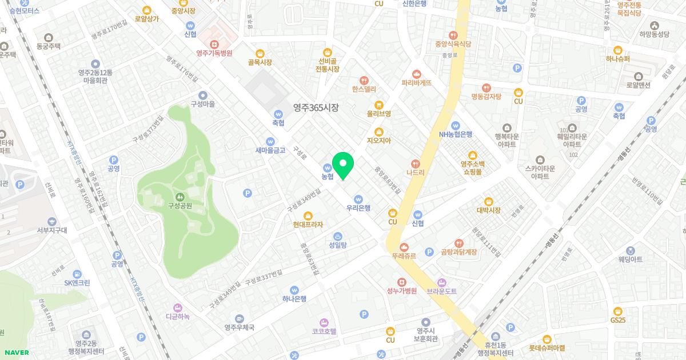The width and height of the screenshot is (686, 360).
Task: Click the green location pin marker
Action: [343, 165]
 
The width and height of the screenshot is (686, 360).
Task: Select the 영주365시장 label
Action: [316, 107]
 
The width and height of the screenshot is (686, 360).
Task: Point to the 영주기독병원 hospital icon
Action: [214, 43]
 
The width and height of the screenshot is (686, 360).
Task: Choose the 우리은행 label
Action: [358, 208]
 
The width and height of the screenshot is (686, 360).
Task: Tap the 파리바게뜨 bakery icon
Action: [416, 73]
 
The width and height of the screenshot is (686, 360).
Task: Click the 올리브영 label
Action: [378, 114]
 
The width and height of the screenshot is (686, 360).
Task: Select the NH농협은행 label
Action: [456, 134]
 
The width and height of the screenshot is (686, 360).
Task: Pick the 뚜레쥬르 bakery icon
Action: [404, 247]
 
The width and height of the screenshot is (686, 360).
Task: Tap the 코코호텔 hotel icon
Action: [324, 322]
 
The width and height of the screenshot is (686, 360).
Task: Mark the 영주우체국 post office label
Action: [239, 327]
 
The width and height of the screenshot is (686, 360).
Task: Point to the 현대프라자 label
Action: [308, 225]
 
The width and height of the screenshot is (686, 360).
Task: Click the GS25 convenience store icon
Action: [618, 311]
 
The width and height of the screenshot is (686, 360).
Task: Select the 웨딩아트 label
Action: [630, 259]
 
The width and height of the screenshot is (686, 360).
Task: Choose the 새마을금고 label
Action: [270, 150]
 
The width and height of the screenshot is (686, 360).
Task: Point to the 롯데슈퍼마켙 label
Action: [547, 347]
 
